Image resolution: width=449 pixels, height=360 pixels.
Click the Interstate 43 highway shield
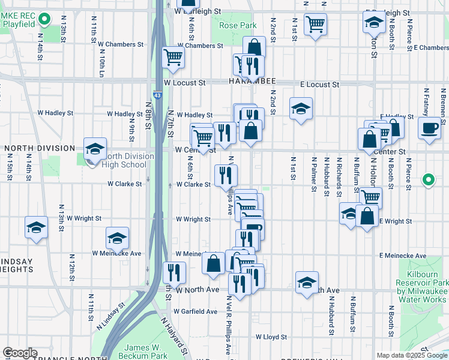157,95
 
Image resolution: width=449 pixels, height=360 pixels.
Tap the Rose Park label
238,25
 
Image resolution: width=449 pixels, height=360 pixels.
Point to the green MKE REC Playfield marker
44,20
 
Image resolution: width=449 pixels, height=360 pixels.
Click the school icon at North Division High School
95,148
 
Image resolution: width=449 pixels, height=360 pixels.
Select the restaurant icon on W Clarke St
226,175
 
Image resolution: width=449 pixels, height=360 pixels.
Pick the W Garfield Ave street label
196,311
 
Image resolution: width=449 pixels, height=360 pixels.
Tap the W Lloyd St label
271,337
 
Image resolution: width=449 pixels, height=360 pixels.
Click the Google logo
20,353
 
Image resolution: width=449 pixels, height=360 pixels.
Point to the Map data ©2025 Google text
412,355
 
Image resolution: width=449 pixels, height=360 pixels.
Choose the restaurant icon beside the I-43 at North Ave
174,272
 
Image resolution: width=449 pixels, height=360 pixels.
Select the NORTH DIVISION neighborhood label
40,148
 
